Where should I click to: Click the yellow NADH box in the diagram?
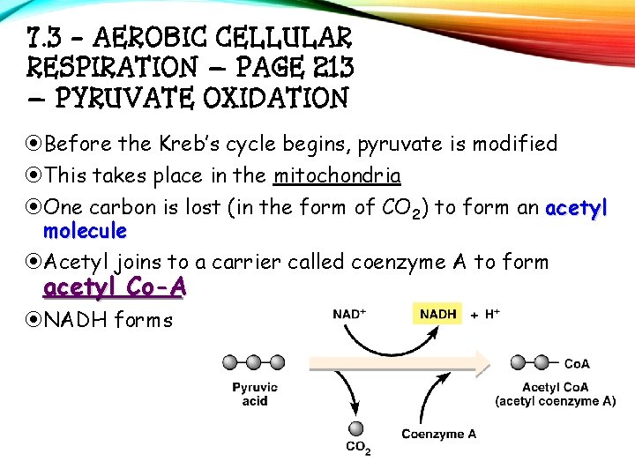438,314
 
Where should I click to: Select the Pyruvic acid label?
256,394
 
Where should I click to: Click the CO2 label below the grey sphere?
358,449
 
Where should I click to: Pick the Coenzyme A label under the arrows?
438,433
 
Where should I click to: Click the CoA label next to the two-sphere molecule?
577,362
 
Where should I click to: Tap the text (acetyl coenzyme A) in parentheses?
556,401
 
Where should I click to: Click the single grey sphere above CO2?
356,428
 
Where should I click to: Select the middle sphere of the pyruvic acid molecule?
254,362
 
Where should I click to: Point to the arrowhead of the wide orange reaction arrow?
484,362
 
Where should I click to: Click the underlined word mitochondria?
337,175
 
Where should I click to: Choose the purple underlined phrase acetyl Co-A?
115,287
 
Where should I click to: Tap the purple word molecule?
85,231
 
